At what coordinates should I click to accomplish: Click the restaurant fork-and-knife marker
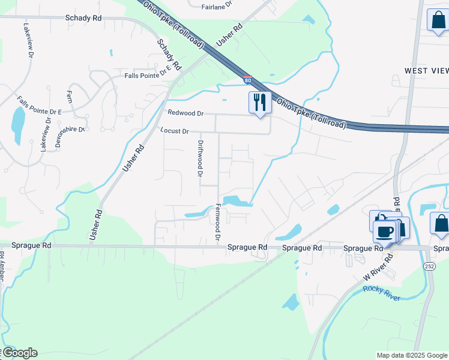pyautogui.click(x=260, y=103)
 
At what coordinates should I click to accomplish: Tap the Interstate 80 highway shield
pyautogui.click(x=247, y=79)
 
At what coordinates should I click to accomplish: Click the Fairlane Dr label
pyautogui.click(x=217, y=7)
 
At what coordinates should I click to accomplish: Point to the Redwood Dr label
pyautogui.click(x=185, y=113)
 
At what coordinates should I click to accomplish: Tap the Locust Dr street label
pyautogui.click(x=175, y=131)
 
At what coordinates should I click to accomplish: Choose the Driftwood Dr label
pyautogui.click(x=200, y=158)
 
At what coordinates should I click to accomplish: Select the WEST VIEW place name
pyautogui.click(x=426, y=71)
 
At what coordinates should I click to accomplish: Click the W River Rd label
pyautogui.click(x=380, y=268)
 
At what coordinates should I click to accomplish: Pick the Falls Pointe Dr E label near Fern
pyautogui.click(x=40, y=106)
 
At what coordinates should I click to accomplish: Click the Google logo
pyautogui.click(x=19, y=353)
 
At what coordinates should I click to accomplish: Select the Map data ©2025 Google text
pyautogui.click(x=411, y=355)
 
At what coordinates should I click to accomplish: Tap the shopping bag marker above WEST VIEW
pyautogui.click(x=438, y=20)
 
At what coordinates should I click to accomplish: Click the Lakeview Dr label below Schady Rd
pyautogui.click(x=28, y=41)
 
